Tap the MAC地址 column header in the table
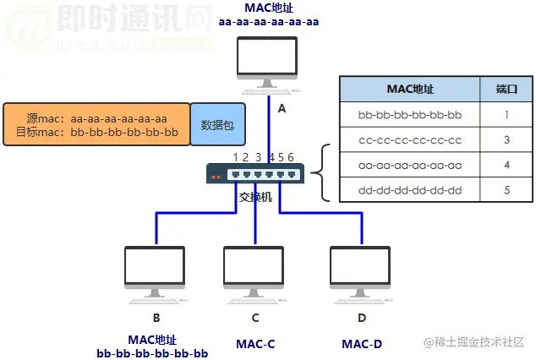click(x=410, y=88)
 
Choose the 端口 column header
click(x=506, y=88)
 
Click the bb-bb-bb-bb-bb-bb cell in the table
click(x=410, y=114)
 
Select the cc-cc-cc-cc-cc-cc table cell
click(x=410, y=139)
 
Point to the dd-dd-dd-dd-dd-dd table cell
click(x=410, y=190)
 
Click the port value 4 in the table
click(x=506, y=165)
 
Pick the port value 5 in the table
click(x=506, y=190)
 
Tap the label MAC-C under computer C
click(x=255, y=344)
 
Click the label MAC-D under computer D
click(x=361, y=344)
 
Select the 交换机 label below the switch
click(x=255, y=197)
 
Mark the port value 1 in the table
click(x=506, y=114)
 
